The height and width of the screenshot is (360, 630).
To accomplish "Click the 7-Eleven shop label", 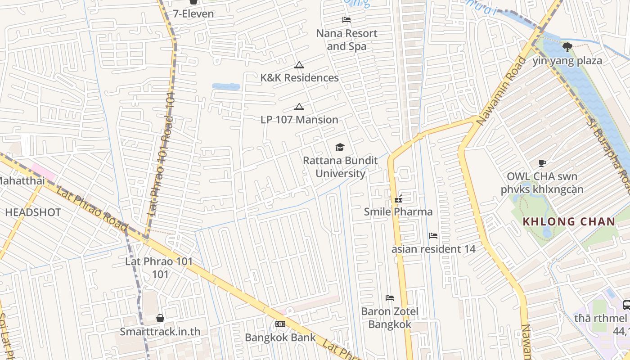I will point(193,13).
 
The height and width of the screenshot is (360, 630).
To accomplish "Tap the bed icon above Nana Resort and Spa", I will point(346,19).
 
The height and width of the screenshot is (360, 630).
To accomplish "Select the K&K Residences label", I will point(299,78).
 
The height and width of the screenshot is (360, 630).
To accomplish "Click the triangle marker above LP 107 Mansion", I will point(299,107).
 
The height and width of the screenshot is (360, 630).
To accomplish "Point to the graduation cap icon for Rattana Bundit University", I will point(340,147).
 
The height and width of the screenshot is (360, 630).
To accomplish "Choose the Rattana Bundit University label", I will point(340,167).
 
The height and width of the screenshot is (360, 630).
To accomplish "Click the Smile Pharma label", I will point(398,211).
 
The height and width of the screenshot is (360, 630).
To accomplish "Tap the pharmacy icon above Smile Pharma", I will point(398,198).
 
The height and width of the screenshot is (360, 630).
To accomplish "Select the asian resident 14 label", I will point(433,249).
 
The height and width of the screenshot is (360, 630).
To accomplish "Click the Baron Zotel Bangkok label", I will point(390,318).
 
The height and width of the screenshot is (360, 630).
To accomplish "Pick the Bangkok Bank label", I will point(280,337).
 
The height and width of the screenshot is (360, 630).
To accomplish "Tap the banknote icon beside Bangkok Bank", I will point(280,324).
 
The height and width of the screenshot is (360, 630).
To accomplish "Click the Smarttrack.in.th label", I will point(160,332).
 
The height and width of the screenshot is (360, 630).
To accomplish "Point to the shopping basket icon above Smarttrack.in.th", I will point(160,318).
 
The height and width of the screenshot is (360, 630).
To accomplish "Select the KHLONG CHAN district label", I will point(569,221).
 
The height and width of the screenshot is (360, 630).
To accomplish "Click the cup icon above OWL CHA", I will point(542,163).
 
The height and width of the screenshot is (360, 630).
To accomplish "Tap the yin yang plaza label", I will point(567,61).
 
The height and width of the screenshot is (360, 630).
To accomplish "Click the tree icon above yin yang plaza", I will point(567,46).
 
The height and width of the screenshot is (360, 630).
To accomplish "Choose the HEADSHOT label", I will point(33,212).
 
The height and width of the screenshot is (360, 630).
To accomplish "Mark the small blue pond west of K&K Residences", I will point(226,86).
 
